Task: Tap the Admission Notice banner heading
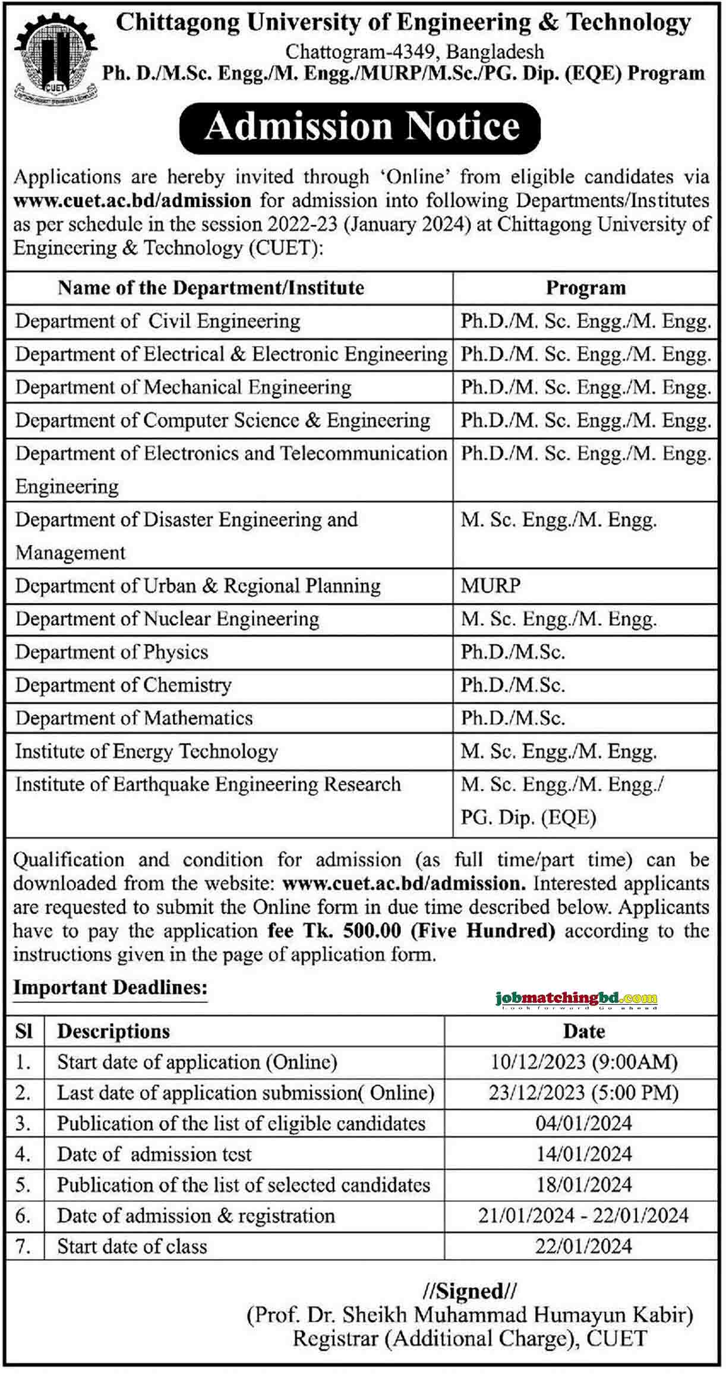click(361, 127)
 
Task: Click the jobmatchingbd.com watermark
click(576, 999)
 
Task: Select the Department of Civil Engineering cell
click(158, 321)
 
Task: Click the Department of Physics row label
click(112, 652)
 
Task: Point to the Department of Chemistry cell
click(124, 685)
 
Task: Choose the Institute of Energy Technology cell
click(147, 752)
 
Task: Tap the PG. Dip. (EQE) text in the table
click(528, 818)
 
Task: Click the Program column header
click(586, 288)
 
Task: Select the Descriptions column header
click(113, 1031)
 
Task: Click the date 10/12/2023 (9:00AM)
click(584, 1062)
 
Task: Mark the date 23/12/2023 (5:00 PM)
click(584, 1093)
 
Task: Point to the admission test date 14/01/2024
click(584, 1154)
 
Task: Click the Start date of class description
click(132, 1246)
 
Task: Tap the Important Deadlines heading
click(111, 988)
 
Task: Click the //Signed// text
click(470, 1291)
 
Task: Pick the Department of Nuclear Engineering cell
click(168, 619)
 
